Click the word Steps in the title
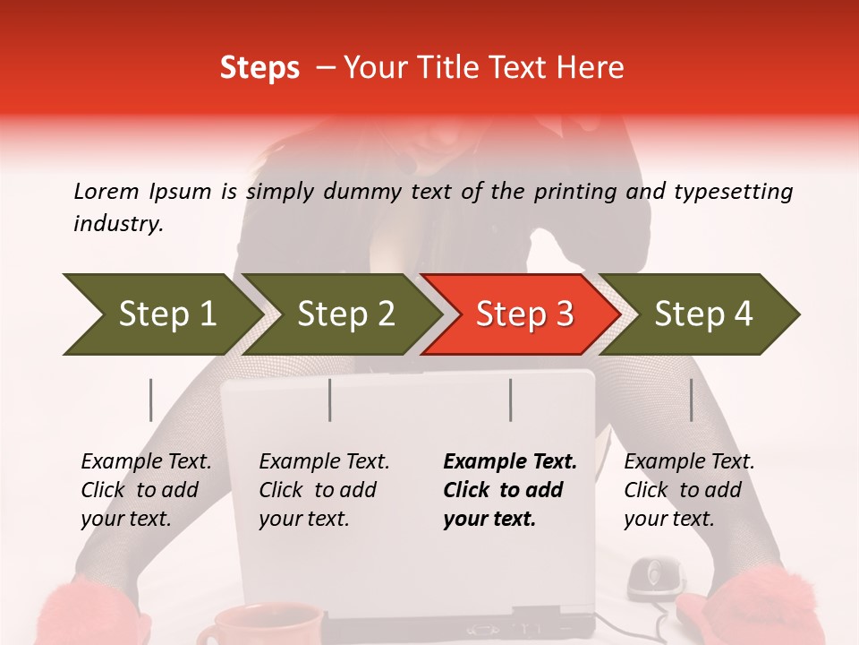259,68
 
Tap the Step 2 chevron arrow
344,314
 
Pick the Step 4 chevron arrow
702,314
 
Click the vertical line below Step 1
151,400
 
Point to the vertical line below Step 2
330,400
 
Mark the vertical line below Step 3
511,400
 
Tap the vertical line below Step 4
692,400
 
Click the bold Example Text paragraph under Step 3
510,490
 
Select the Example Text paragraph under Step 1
146,490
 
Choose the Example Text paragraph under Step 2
324,490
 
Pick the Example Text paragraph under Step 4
689,490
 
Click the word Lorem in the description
106,191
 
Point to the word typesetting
733,192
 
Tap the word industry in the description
118,224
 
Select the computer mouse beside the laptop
656,578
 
